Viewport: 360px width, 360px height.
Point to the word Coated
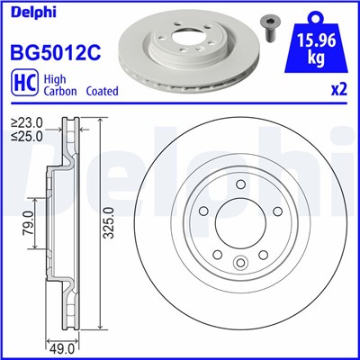[104, 92]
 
